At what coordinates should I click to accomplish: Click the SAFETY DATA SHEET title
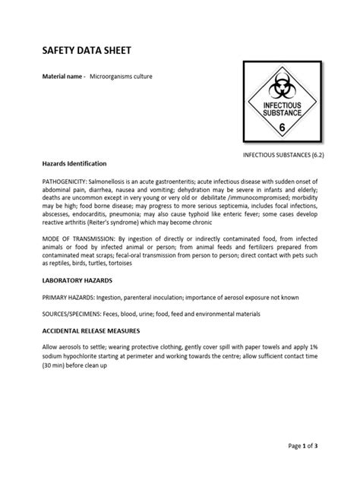86,51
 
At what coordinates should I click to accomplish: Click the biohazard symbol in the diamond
282,84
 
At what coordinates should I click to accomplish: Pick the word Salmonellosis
113,182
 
